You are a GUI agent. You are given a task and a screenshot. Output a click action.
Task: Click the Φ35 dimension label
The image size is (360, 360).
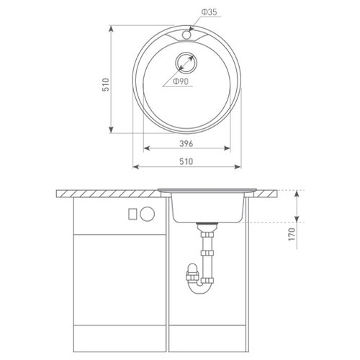pyautogui.click(x=209, y=12)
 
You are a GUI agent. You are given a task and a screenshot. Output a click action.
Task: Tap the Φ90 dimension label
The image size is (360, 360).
pyautogui.click(x=181, y=81)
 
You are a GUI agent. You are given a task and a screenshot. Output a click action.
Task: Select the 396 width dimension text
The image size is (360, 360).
pyautogui.click(x=186, y=143)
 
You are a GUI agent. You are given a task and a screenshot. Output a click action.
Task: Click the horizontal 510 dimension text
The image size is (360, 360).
pyautogui.click(x=186, y=161)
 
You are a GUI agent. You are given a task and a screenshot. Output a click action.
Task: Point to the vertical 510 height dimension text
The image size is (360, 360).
pyautogui.click(x=106, y=84)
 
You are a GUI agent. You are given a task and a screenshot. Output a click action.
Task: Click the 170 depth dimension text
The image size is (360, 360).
pyautogui.click(x=292, y=235)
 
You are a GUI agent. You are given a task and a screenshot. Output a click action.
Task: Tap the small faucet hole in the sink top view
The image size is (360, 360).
pyautogui.click(x=186, y=35)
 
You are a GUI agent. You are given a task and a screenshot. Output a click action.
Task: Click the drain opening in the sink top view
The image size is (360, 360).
pyautogui.click(x=186, y=63)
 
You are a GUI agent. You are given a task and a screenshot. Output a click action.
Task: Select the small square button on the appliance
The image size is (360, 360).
pyautogui.click(x=132, y=214)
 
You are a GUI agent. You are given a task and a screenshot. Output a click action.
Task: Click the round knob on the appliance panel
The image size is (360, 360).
pyautogui.click(x=148, y=214)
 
